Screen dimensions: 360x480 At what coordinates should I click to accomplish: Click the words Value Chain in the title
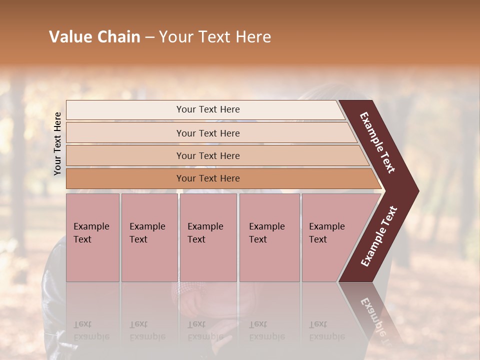point(94,37)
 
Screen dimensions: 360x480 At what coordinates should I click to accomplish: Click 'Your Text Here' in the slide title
point(215,37)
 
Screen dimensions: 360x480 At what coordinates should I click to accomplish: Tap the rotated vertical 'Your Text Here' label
point(57,143)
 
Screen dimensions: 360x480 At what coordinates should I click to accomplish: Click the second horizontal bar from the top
point(207,133)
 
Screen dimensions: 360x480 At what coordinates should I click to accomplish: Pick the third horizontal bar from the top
point(207,155)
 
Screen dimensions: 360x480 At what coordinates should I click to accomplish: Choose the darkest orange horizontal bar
point(207,178)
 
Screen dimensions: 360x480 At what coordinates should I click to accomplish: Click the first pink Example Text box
point(92,237)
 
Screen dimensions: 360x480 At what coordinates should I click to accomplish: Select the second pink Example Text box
point(149,237)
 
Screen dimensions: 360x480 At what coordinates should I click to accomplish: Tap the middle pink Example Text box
point(208,237)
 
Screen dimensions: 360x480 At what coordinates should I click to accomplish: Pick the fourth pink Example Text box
point(269,237)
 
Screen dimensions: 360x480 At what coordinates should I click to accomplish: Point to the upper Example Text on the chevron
point(377,142)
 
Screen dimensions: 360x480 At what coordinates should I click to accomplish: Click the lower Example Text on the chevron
point(378,236)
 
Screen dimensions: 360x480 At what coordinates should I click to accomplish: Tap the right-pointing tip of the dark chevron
point(415,191)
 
